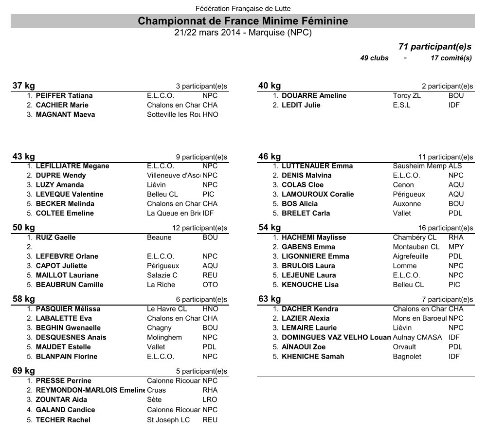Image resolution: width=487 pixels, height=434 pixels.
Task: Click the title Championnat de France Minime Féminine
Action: pos(243,21)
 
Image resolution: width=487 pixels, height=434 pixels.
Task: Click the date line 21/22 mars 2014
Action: pos(243,33)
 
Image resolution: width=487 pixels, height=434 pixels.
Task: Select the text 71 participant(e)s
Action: pos(435,47)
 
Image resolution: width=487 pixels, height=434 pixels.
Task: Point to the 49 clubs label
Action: pos(374,58)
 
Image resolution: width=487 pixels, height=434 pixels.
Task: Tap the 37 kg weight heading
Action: pos(23,86)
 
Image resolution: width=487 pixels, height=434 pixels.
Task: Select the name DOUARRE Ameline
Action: pos(314,96)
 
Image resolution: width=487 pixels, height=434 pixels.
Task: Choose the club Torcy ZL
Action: pos(407,96)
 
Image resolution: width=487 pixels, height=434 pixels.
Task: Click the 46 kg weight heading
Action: pos(270,157)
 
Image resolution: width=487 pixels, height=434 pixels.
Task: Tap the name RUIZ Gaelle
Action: pos(55,237)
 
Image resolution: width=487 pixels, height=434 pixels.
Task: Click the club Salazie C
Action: pos(162,275)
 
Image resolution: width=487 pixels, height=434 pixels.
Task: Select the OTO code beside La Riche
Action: pos(210,285)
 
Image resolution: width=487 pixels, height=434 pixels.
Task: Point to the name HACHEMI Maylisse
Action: pos(314,237)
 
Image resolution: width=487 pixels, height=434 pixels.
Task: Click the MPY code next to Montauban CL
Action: pos(456,247)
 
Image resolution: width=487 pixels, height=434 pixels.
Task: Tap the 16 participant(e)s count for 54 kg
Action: pos(446,228)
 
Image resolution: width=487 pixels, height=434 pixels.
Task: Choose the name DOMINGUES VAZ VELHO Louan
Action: pos(336,337)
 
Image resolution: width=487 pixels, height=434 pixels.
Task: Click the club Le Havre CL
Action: pos(166,309)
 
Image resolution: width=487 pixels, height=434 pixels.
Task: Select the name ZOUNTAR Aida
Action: pos(61,400)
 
